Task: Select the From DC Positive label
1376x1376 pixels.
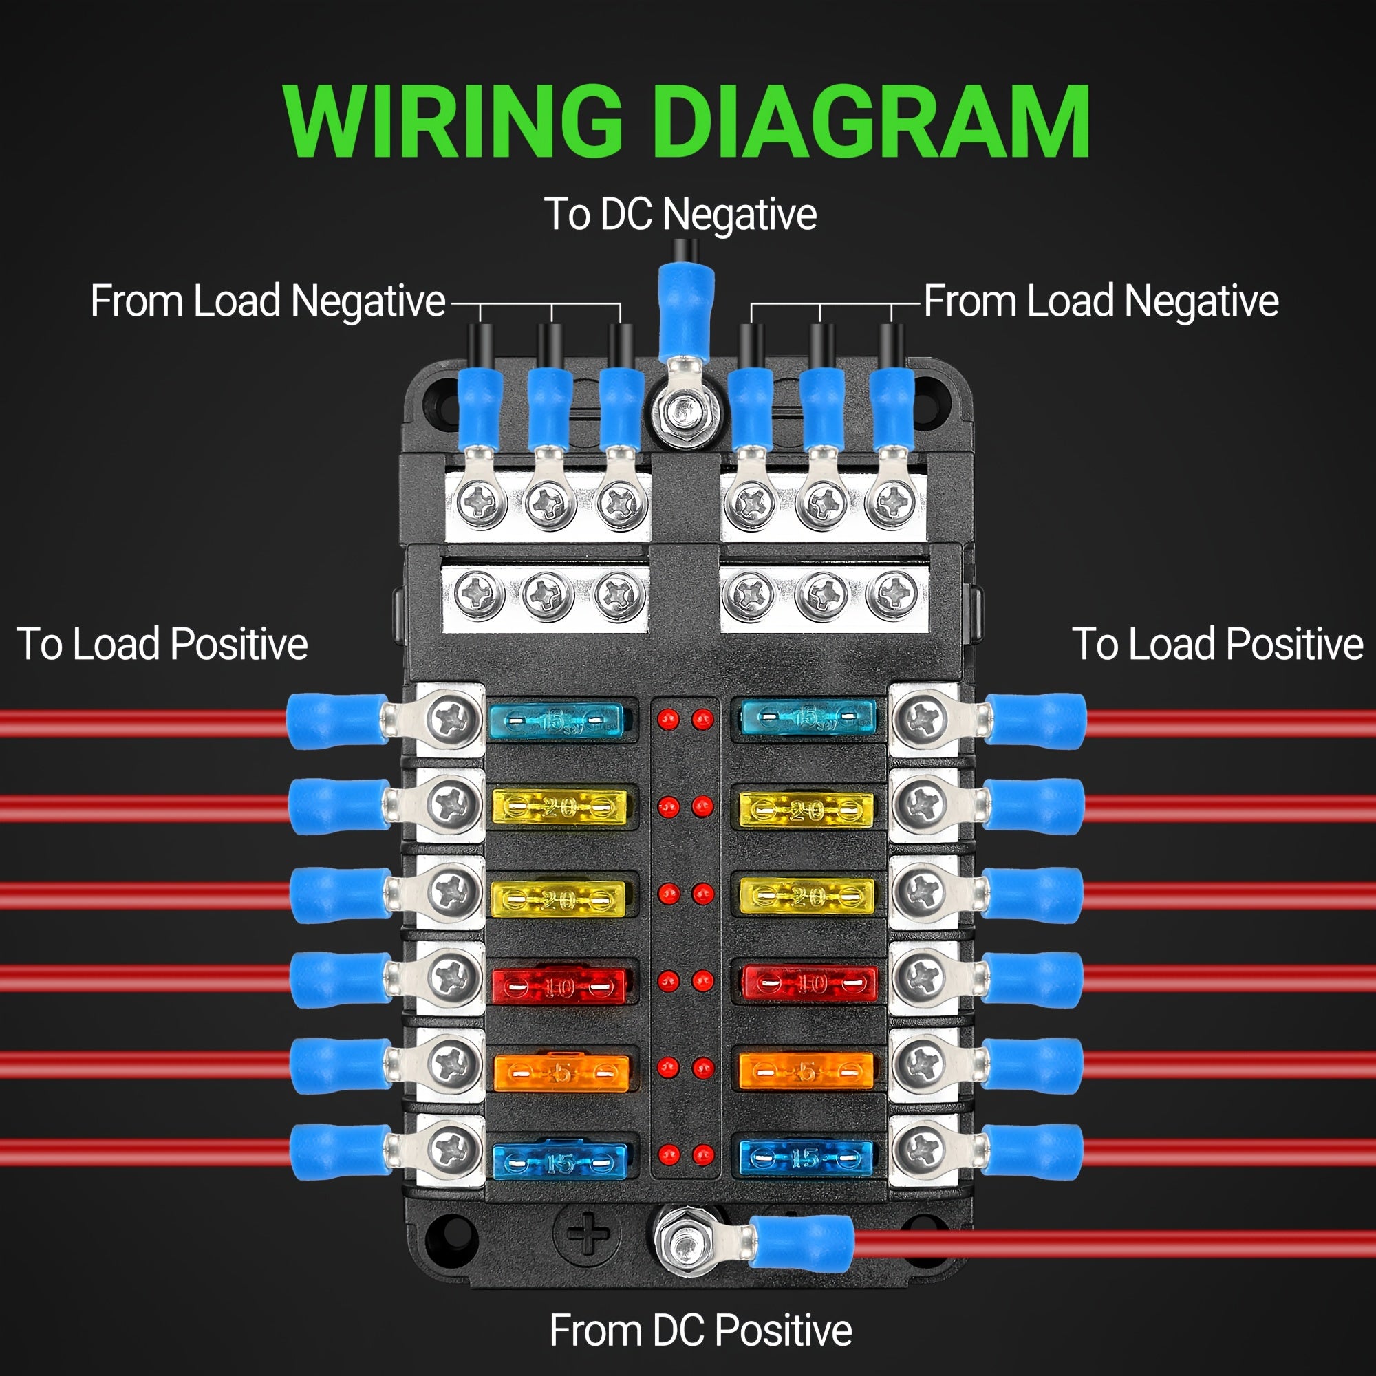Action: pos(700,1330)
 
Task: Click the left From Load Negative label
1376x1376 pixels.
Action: pos(268,301)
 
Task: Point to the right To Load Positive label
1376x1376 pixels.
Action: pos(1217,644)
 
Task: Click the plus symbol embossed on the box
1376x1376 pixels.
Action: pos(587,1234)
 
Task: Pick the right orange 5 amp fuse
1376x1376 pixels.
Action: pos(806,1071)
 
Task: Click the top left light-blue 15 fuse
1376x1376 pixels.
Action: pos(555,720)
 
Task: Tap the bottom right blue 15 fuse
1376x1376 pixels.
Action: pos(806,1158)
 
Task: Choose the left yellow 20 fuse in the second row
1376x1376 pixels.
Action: pos(560,808)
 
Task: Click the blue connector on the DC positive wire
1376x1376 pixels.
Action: pos(802,1243)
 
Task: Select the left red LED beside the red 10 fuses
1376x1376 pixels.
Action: pos(668,982)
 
